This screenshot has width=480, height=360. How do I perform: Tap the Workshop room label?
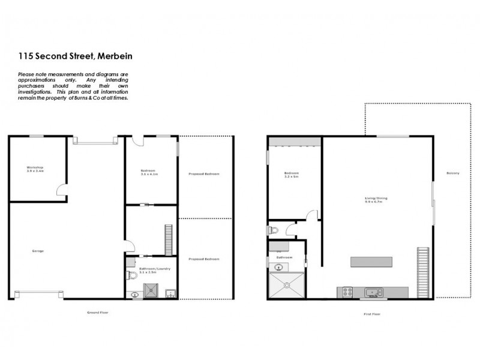pos(36,169)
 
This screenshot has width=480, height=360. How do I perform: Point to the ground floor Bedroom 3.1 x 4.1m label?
pos(149,172)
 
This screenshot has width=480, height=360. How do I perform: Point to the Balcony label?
pos(452,173)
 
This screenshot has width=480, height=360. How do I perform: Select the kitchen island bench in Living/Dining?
pos(373,262)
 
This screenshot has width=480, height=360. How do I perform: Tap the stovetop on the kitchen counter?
pos(347,292)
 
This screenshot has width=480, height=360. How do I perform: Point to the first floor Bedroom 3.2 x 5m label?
pos(292,175)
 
